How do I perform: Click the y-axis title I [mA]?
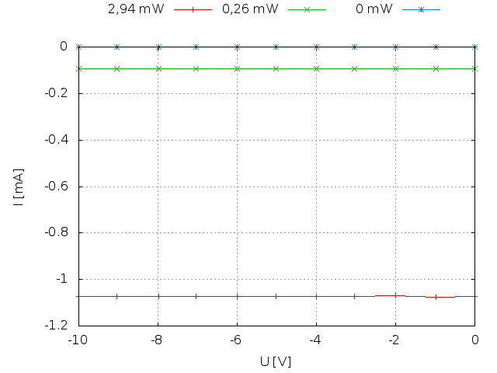18,186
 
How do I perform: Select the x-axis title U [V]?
276,361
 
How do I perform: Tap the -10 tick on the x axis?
78,340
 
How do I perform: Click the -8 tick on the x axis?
158,340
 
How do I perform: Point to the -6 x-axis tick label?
237,340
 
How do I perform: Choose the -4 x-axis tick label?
316,340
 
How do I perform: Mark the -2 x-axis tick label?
395,340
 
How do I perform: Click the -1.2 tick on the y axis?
57,325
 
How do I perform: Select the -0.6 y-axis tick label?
57,186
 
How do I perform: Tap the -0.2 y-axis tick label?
57,93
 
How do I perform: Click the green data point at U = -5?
276,68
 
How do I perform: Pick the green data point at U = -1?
436,68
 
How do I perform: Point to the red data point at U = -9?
117,296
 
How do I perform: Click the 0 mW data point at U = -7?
196,47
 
